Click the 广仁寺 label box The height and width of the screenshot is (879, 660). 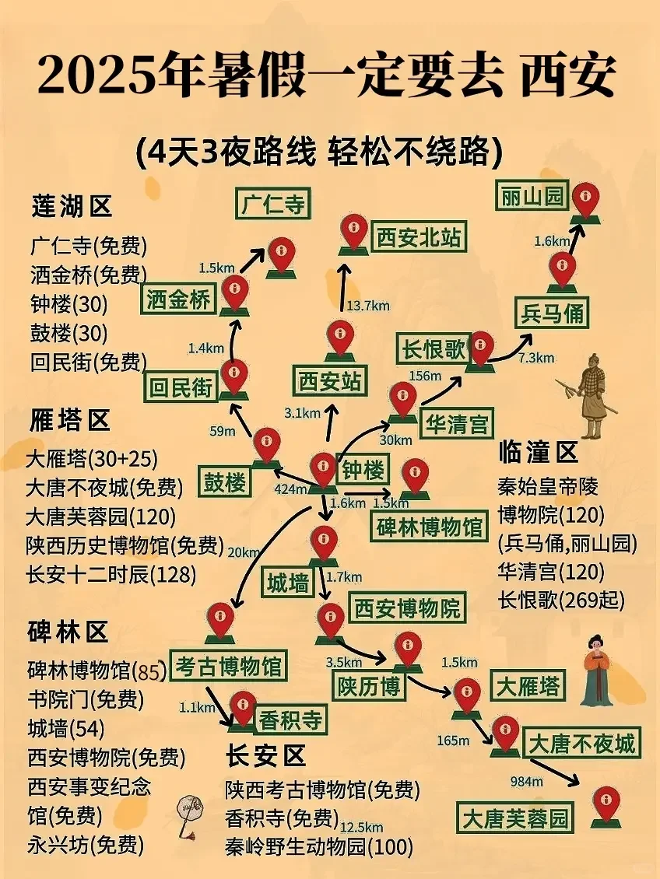[x=272, y=205]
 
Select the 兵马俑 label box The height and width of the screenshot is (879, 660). [x=552, y=313]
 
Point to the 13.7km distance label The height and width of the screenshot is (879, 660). [x=369, y=306]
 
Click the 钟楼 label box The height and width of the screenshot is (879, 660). [x=363, y=470]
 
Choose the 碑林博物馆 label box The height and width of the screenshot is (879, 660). [x=429, y=527]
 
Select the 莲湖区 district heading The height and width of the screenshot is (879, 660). [x=72, y=206]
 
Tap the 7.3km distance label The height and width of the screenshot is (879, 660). [x=536, y=358]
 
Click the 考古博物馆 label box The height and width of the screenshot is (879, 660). [x=228, y=665]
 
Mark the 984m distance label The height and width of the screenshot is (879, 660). [x=526, y=781]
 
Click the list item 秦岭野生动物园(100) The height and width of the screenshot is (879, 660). [x=319, y=846]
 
